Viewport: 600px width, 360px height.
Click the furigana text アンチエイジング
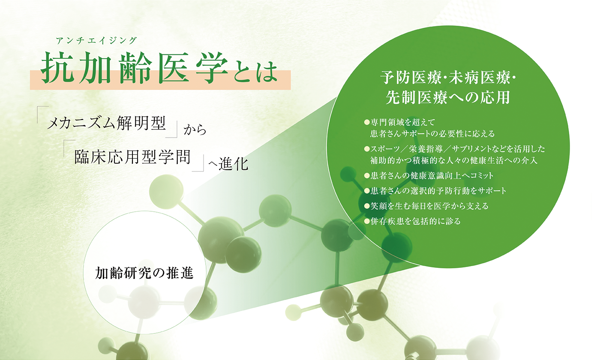coord(96,41)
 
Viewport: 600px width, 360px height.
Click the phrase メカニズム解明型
coord(107,123)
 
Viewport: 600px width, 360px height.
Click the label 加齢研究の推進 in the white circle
coord(144,273)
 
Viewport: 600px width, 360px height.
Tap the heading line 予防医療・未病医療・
coord(448,78)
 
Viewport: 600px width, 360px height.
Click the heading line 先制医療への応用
coord(448,97)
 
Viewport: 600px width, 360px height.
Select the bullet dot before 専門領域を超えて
coord(367,123)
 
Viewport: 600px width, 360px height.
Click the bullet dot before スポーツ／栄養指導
coord(367,149)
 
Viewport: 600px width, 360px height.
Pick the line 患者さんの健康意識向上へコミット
coord(432,176)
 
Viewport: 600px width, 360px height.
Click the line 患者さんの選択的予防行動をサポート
coord(438,191)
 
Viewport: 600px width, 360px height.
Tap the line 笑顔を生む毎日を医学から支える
coord(429,206)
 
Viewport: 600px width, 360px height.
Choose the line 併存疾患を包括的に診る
coord(415,221)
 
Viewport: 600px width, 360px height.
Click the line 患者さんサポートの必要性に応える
coord(432,134)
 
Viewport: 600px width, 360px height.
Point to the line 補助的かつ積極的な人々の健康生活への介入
coord(454,160)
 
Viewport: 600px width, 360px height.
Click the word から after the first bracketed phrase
coord(195,130)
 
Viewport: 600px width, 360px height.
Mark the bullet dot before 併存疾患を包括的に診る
coord(367,222)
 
